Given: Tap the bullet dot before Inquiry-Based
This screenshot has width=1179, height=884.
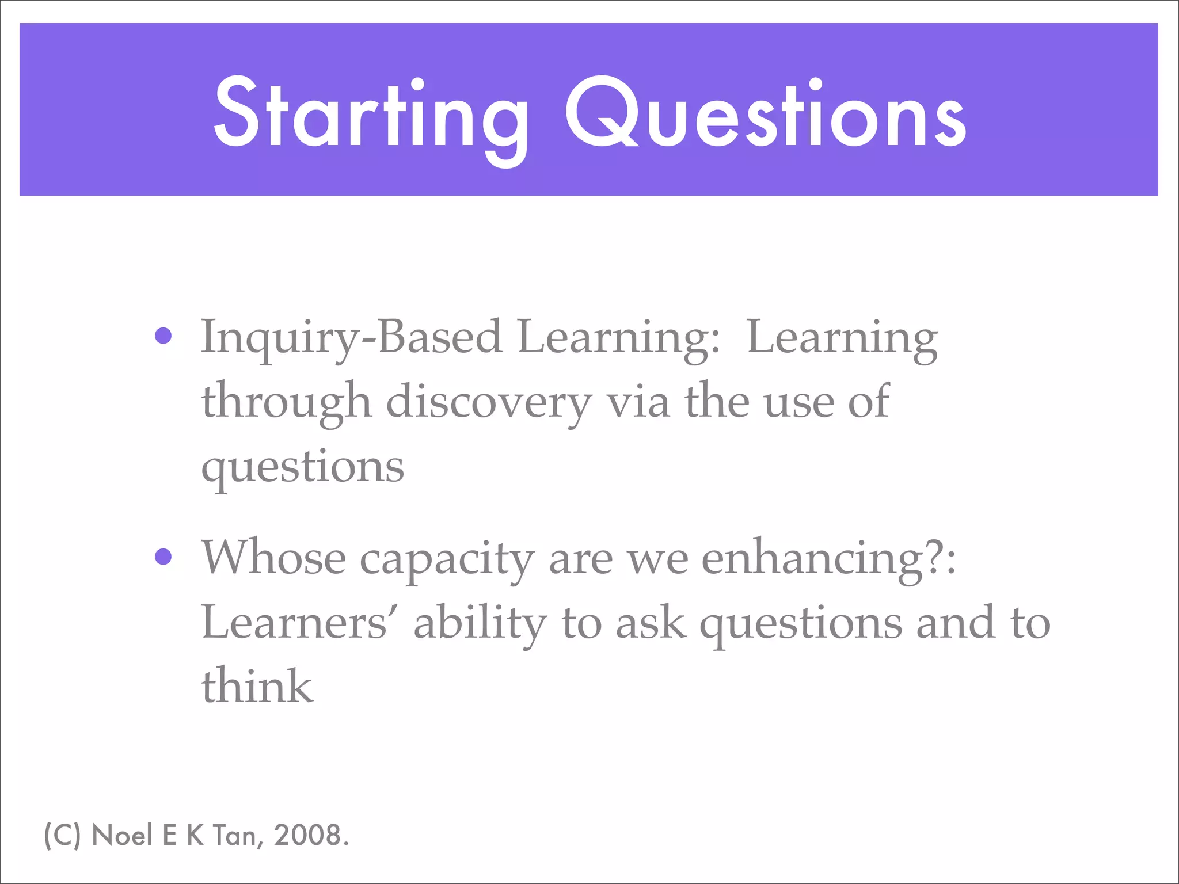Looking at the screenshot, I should coord(163,336).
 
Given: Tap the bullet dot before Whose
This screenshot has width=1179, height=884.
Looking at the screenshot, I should coord(163,557).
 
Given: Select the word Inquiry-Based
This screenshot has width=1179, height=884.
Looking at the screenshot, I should coord(351,338).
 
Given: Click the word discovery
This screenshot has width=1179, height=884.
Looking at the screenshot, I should coord(488,403).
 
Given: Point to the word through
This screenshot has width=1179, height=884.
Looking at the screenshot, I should coord(286,403).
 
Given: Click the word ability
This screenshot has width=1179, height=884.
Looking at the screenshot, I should coord(480,625).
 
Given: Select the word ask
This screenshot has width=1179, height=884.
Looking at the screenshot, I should coord(651,623).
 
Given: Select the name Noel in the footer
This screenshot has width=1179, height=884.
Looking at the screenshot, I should coord(121,835).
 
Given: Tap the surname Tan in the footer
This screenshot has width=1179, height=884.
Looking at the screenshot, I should coord(235,836).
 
